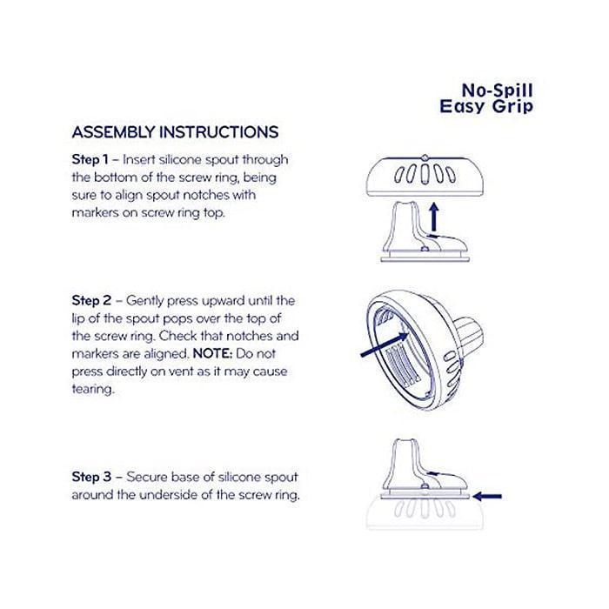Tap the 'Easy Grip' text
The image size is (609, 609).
pyautogui.click(x=490, y=107)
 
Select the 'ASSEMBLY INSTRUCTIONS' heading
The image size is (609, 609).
pyautogui.click(x=175, y=133)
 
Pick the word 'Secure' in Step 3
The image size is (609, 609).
pyautogui.click(x=149, y=478)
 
